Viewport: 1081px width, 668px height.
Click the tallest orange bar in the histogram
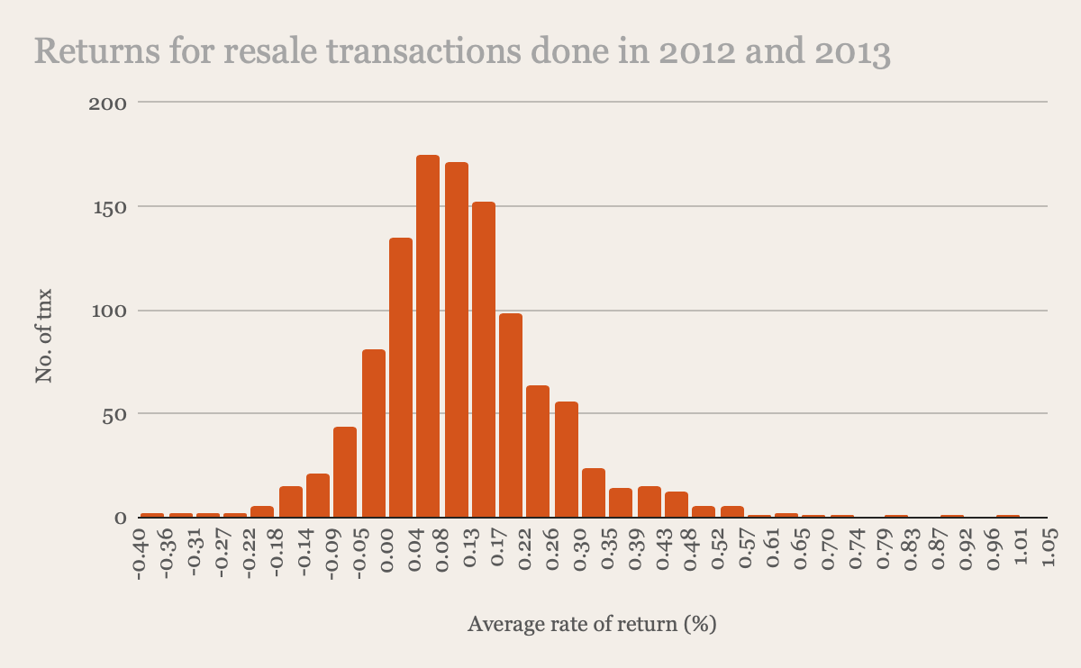tap(428, 336)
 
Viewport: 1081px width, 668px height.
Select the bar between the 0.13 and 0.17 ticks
tap(484, 360)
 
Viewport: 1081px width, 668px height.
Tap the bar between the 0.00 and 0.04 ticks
tap(401, 377)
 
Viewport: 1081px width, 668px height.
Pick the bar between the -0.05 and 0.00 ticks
tap(374, 434)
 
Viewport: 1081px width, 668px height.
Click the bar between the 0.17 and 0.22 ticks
tap(511, 415)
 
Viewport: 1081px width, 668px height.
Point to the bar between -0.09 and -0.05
tap(344, 472)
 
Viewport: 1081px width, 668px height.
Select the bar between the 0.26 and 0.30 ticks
tap(567, 460)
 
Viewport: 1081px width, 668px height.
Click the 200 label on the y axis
tap(107, 104)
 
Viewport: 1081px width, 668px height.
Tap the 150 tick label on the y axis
tap(110, 208)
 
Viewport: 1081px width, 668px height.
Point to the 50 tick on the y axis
tap(114, 416)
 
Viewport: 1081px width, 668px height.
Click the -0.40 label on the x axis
tap(139, 555)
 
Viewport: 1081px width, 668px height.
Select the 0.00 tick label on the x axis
tap(387, 550)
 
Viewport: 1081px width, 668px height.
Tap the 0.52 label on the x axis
tap(719, 549)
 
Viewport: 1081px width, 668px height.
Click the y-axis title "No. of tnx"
tap(44, 336)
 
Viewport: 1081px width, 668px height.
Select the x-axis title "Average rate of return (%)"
tap(592, 624)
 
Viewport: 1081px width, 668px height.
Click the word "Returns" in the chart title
tap(96, 50)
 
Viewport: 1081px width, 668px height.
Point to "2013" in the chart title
tap(853, 50)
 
